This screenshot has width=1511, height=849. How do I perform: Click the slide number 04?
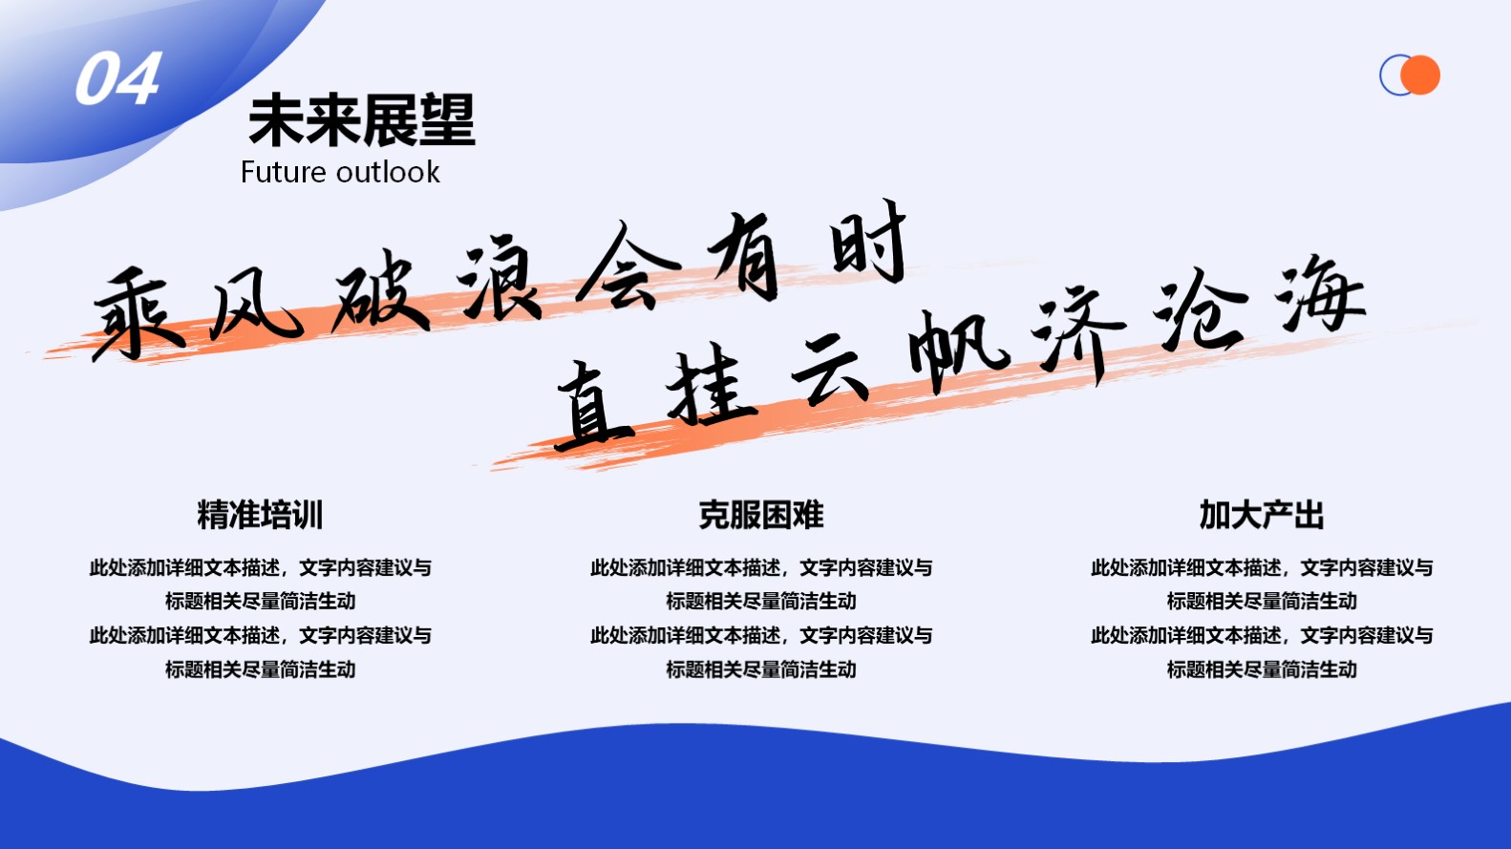[118, 78]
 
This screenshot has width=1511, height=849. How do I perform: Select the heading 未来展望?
[362, 120]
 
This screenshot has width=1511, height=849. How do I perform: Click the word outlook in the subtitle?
[388, 172]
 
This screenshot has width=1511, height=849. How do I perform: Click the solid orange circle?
[1420, 74]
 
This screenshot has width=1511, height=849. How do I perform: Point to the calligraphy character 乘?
[138, 313]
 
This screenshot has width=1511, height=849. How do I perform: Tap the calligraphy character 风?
[254, 305]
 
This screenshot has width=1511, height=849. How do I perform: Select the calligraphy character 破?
[381, 291]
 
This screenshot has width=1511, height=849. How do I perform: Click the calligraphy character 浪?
[500, 277]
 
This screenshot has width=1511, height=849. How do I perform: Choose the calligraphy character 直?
[594, 406]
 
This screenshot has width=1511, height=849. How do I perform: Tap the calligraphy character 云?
[831, 370]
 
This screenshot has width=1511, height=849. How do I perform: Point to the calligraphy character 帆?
[958, 350]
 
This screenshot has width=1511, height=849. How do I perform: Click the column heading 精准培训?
[261, 515]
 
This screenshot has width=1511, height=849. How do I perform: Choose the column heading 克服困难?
[761, 515]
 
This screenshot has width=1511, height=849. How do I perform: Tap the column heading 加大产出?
[1262, 515]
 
